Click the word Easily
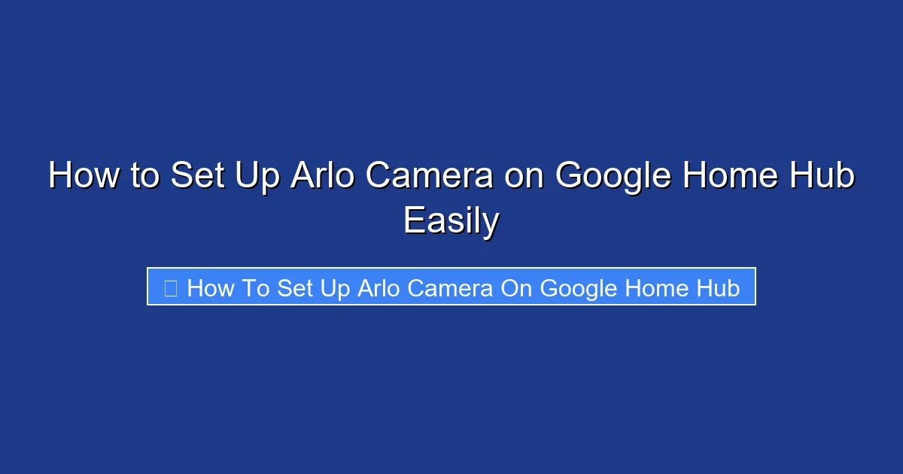(451, 221)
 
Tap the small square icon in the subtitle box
(171, 287)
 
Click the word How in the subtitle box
(210, 287)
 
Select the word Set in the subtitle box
(296, 287)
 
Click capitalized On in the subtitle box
(516, 287)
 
